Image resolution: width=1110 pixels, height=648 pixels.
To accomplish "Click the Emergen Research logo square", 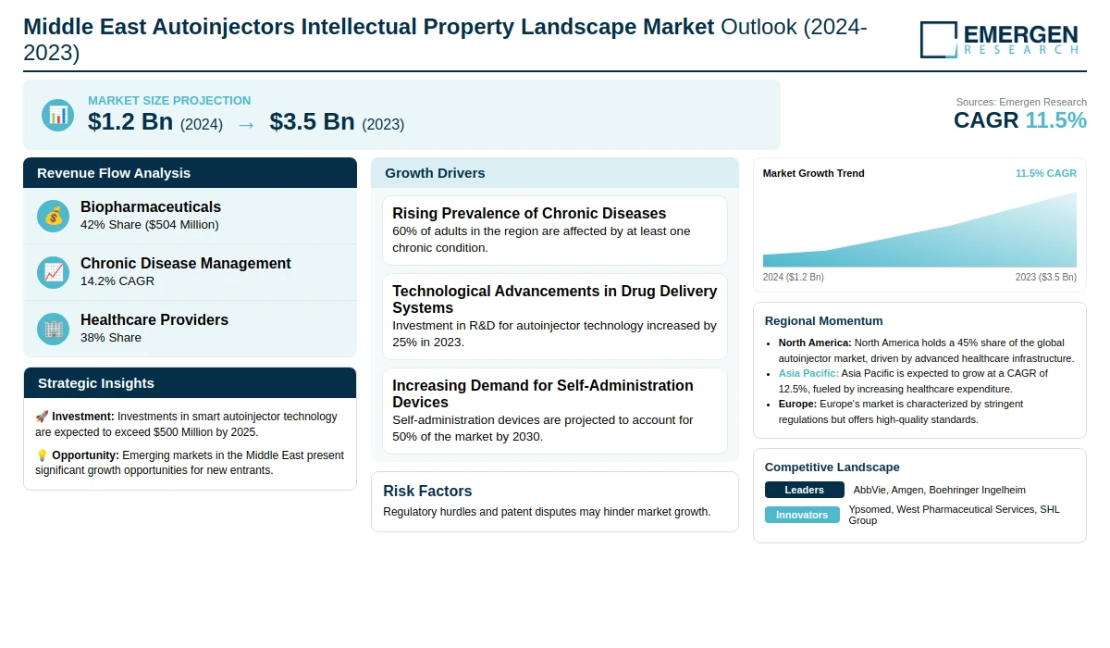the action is click(939, 40).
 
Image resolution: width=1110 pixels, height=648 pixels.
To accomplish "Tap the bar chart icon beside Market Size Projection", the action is click(58, 115).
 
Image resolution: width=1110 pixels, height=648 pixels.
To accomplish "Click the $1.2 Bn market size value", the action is click(130, 121).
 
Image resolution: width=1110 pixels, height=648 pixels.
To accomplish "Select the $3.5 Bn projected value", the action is click(313, 121).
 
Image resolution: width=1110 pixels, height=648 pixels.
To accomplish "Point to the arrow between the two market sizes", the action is click(246, 125).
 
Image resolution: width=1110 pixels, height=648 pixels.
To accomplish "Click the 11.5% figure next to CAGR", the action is click(1055, 120).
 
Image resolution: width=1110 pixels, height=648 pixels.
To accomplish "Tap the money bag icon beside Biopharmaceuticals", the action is click(53, 216).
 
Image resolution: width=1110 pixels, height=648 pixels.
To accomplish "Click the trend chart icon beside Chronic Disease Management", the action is click(53, 272).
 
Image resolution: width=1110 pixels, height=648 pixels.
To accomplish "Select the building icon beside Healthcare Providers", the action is click(53, 329).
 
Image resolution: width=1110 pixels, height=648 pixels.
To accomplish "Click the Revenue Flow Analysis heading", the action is click(114, 173).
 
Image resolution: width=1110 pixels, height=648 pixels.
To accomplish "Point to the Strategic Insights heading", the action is click(95, 383).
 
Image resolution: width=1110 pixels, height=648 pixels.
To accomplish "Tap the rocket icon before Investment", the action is click(42, 417).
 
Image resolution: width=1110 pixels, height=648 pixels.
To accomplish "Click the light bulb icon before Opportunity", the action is click(42, 455).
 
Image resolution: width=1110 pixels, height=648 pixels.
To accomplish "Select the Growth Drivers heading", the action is click(435, 173).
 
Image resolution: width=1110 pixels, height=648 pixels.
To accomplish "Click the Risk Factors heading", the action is click(427, 491).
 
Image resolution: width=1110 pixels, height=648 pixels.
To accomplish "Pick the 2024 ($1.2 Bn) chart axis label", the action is click(793, 277).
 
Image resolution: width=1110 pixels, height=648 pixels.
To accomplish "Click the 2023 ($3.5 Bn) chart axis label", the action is click(1045, 277).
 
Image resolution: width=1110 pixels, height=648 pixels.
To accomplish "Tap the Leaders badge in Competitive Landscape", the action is click(804, 490).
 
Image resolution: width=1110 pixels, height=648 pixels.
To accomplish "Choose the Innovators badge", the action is click(802, 515).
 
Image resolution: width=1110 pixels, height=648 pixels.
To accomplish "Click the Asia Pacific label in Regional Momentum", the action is click(808, 373).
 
